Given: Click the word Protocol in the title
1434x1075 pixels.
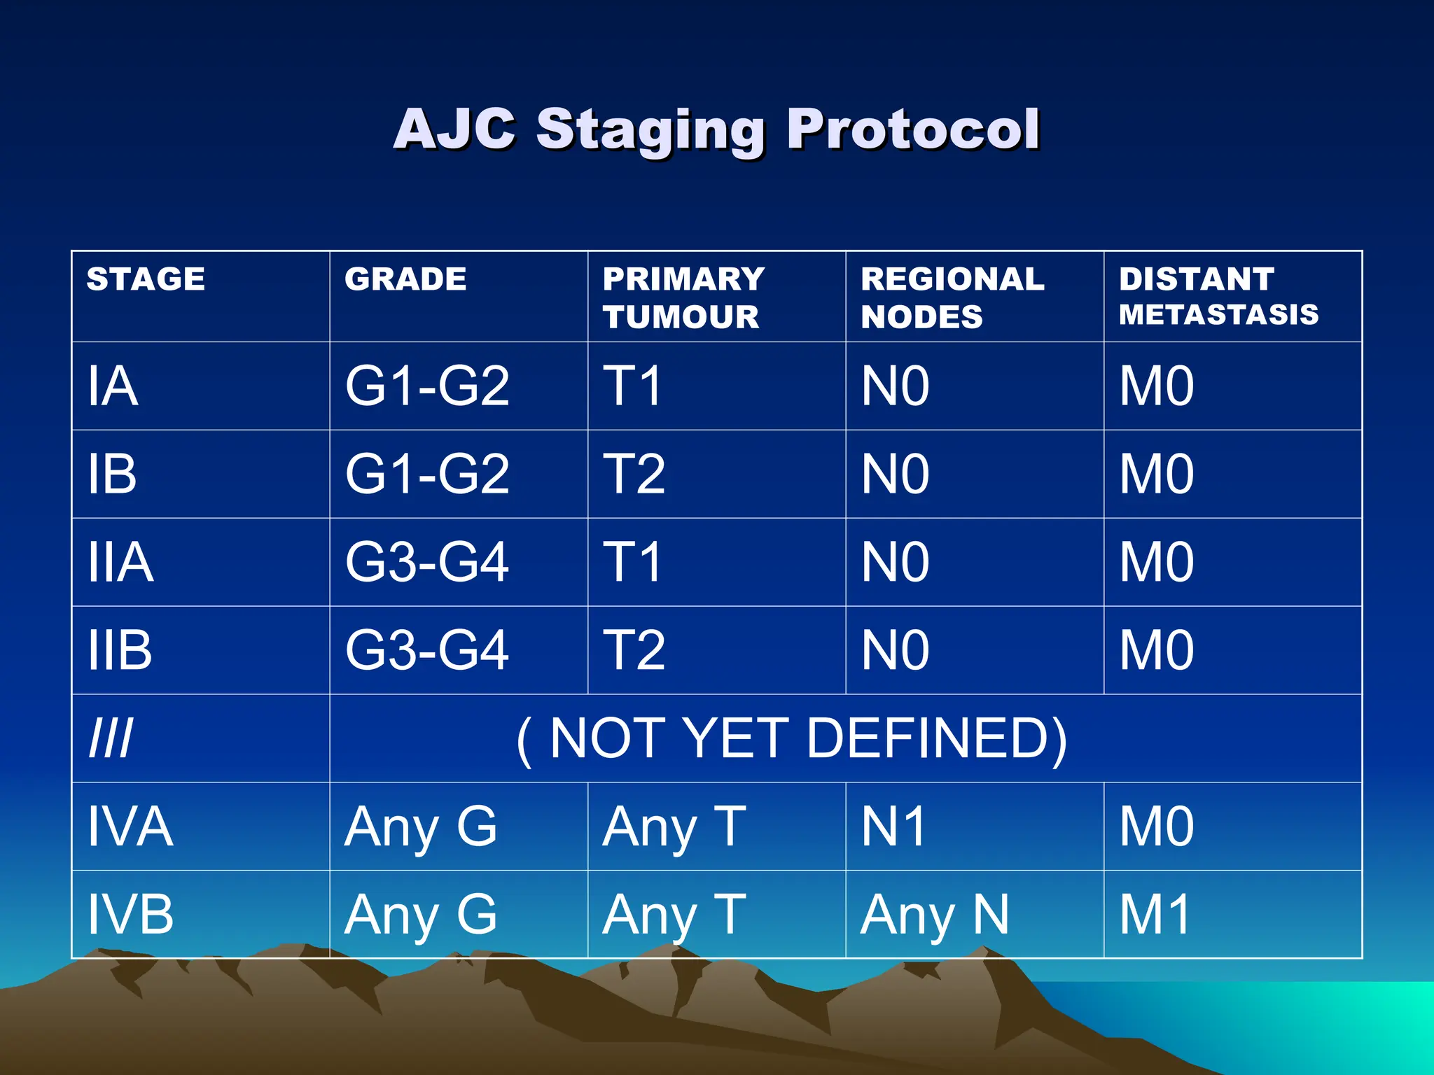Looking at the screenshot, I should click(913, 129).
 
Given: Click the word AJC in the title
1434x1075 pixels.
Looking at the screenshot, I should click(455, 129).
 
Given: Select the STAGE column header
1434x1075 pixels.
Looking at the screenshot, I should click(146, 279).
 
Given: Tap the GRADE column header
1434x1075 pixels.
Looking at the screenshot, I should click(405, 279).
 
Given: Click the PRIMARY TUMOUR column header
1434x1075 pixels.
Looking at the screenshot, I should click(683, 297).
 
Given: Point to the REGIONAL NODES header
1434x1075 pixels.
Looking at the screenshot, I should click(952, 297).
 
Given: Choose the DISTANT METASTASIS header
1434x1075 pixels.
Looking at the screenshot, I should click(1218, 297).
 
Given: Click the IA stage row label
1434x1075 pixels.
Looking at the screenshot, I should click(113, 386).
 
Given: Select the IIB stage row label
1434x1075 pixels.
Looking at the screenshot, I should click(120, 650).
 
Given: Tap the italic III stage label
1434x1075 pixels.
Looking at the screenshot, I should click(111, 738).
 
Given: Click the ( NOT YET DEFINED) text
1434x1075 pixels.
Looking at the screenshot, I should click(791, 738).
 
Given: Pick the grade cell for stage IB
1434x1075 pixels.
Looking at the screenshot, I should click(427, 475).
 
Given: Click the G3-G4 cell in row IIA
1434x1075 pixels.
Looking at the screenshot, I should click(427, 563).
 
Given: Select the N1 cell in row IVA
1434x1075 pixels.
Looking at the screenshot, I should click(894, 827).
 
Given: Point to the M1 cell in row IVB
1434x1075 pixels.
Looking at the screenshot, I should click(1155, 915).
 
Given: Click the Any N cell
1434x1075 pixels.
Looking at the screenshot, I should click(935, 915).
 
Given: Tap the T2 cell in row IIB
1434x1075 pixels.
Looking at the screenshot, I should click(634, 650).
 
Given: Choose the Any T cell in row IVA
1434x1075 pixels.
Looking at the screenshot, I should click(674, 827).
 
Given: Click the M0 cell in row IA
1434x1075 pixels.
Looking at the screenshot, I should click(1157, 386).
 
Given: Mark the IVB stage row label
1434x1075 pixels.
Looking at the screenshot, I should click(130, 915).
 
